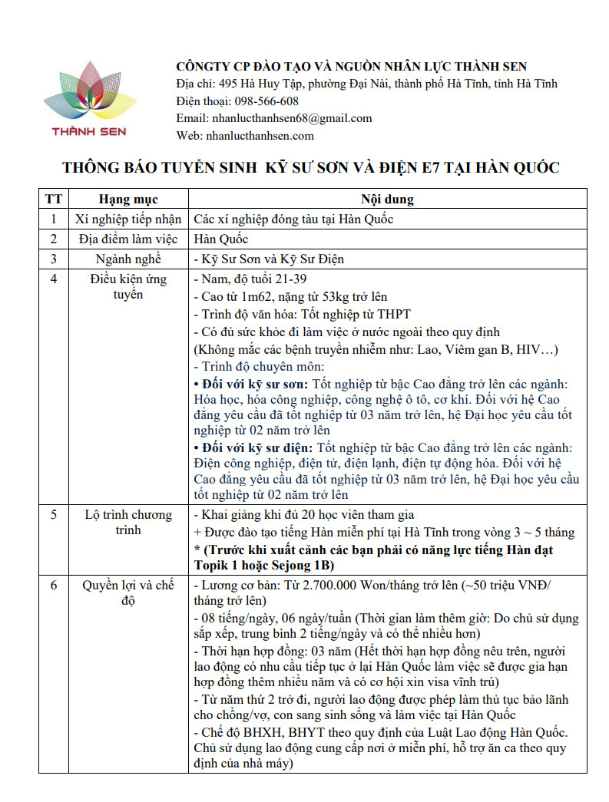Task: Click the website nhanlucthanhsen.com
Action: point(259,136)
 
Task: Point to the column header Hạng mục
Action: point(128,200)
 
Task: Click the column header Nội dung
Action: point(387,200)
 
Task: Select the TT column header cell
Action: point(54,200)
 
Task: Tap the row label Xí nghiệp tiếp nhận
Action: point(128,219)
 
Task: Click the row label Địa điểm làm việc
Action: point(128,239)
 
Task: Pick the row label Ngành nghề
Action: point(128,259)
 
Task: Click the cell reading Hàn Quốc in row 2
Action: point(221,239)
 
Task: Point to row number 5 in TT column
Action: point(54,515)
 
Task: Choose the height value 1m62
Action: point(253,296)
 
